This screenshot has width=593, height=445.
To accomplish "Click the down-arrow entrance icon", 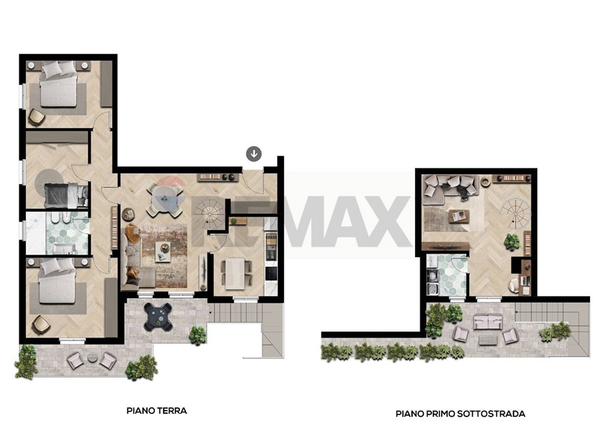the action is (x=254, y=154).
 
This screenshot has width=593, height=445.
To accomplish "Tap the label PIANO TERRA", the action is (x=156, y=411).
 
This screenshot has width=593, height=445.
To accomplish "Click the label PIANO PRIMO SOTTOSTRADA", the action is (x=460, y=414).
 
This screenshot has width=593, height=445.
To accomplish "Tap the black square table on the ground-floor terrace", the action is (x=159, y=316).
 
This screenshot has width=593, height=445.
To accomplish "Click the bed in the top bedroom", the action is (x=59, y=85).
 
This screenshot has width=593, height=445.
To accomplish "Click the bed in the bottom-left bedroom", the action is (x=58, y=281).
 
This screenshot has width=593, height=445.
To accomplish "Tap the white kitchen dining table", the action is (x=235, y=274).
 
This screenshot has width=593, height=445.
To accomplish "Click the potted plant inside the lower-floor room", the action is (x=511, y=242).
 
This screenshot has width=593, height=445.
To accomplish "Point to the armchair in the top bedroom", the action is (x=36, y=117).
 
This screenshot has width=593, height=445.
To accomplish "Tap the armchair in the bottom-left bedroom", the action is (x=41, y=325).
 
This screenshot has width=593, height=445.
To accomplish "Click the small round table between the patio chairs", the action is (x=92, y=357).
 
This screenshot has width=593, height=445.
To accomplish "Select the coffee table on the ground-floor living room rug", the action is (x=163, y=251).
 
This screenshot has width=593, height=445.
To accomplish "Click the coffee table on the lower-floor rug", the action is (x=459, y=217).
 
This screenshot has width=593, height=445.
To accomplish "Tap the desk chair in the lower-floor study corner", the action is (x=514, y=285).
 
